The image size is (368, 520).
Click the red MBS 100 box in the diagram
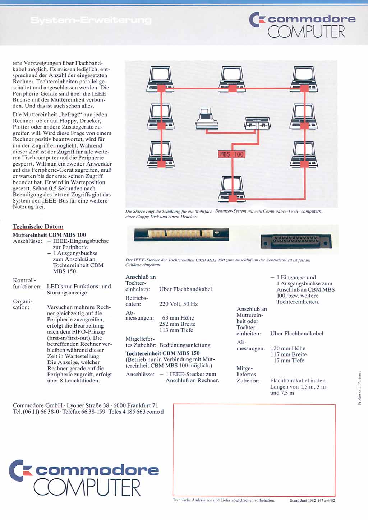232,154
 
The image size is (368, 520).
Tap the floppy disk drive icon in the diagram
257,123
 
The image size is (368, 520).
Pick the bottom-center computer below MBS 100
232,189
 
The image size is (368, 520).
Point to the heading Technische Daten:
38,227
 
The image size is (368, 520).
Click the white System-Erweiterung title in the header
91,20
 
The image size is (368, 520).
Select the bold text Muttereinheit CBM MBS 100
49,235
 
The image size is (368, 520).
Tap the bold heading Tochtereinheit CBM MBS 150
162,353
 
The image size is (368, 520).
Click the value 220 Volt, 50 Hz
178,304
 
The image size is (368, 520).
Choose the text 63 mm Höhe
178,318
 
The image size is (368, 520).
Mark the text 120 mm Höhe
288,348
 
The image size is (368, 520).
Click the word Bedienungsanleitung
185,345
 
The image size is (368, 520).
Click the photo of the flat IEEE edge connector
181,235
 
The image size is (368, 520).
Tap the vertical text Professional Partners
359,388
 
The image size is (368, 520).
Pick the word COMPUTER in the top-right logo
306,32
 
